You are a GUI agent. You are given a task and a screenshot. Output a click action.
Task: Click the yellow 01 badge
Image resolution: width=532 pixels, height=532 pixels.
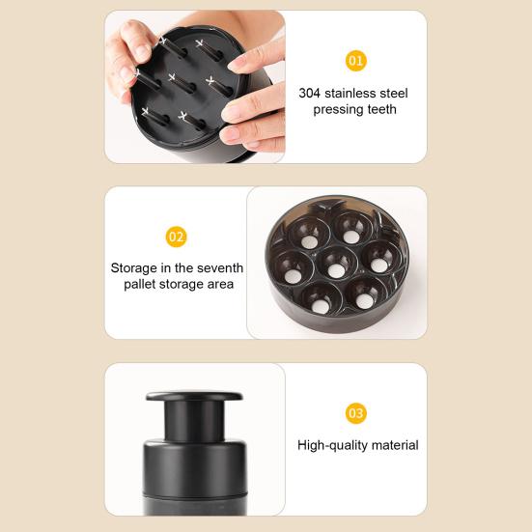pyautogui.click(x=356, y=61)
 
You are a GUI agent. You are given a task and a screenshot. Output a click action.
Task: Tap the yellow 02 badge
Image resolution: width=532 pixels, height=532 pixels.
pyautogui.click(x=177, y=237)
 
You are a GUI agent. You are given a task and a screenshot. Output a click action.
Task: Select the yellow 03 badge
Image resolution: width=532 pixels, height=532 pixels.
pyautogui.click(x=356, y=413)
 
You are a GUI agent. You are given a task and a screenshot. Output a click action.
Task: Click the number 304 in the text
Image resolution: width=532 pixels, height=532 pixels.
pyautogui.click(x=310, y=93)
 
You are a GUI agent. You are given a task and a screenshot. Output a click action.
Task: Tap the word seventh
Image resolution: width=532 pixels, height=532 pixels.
pyautogui.click(x=220, y=267)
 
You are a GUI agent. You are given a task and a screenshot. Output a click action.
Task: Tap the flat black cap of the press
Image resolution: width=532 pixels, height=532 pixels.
pyautogui.click(x=194, y=397)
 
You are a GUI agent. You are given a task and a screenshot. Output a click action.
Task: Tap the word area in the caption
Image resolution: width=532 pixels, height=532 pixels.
pyautogui.click(x=218, y=284)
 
